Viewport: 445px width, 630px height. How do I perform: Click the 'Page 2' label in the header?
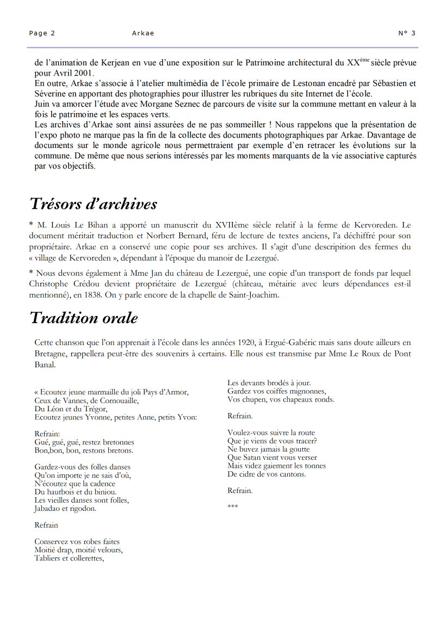coord(42,33)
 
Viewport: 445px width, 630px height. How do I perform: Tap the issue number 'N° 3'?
coord(407,33)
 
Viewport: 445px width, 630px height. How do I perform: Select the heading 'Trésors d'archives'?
coord(93,204)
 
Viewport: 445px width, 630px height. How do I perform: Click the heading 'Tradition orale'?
coord(84,318)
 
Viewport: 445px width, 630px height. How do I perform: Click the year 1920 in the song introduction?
coord(249,343)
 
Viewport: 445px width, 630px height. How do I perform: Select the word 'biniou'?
coord(104,492)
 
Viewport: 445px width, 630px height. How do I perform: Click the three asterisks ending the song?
coord(232,507)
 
